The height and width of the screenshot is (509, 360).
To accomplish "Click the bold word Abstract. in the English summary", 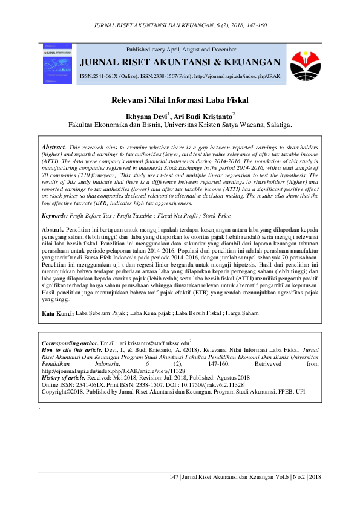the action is [53, 148].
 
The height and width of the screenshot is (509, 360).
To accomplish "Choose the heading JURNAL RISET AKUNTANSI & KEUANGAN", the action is [181, 62].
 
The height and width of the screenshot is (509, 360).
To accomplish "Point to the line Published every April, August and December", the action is [181, 48].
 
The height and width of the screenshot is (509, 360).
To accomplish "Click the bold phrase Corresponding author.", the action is [68, 342].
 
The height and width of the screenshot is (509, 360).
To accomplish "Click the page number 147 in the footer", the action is [175, 478].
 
